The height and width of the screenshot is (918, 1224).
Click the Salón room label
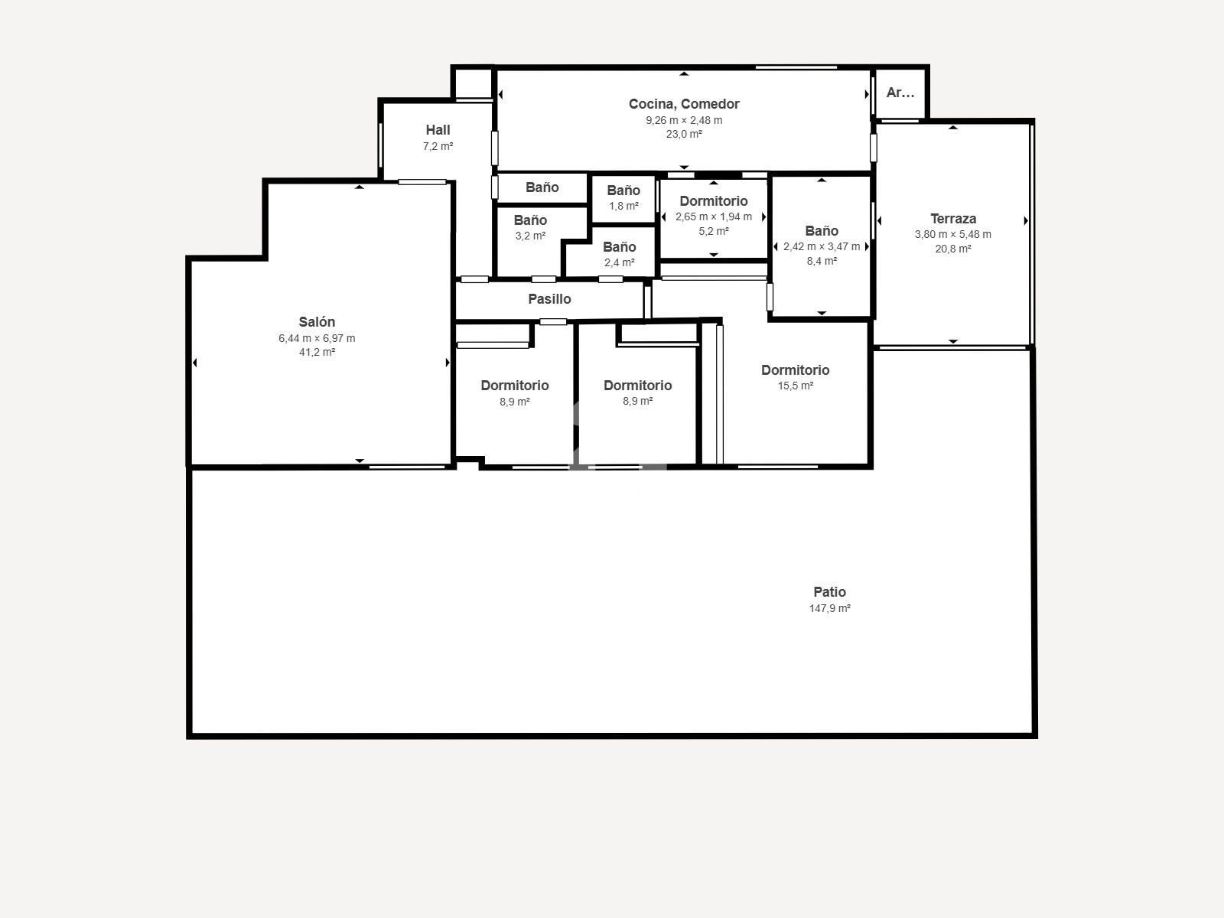click(x=317, y=321)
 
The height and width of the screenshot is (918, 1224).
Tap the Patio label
click(x=829, y=592)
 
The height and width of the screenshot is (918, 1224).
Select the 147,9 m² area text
click(x=829, y=608)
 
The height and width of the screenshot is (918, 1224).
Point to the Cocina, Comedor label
click(x=684, y=104)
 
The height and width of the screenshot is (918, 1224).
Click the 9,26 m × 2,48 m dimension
click(x=684, y=120)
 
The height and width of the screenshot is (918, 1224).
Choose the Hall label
click(x=438, y=130)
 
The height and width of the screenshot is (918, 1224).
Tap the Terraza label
click(x=953, y=219)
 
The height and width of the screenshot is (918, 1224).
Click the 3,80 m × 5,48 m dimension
click(x=953, y=234)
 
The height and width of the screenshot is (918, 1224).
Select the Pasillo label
click(x=549, y=299)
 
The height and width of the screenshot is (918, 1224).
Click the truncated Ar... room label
click(x=900, y=93)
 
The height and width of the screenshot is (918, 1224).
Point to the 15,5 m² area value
click(x=795, y=386)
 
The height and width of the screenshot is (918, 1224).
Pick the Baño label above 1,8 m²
click(x=623, y=190)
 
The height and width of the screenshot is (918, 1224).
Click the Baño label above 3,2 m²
click(x=529, y=220)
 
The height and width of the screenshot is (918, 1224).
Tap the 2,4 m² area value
click(x=619, y=262)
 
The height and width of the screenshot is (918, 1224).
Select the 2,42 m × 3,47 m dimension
click(x=822, y=246)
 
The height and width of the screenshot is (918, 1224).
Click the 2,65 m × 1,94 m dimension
click(x=713, y=216)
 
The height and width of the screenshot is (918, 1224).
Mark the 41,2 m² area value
click(x=317, y=352)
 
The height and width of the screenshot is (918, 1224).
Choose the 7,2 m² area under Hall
click(x=438, y=146)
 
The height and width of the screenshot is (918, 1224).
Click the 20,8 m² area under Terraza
click(x=953, y=249)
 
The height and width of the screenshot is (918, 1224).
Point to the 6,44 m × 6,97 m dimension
click(x=317, y=338)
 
